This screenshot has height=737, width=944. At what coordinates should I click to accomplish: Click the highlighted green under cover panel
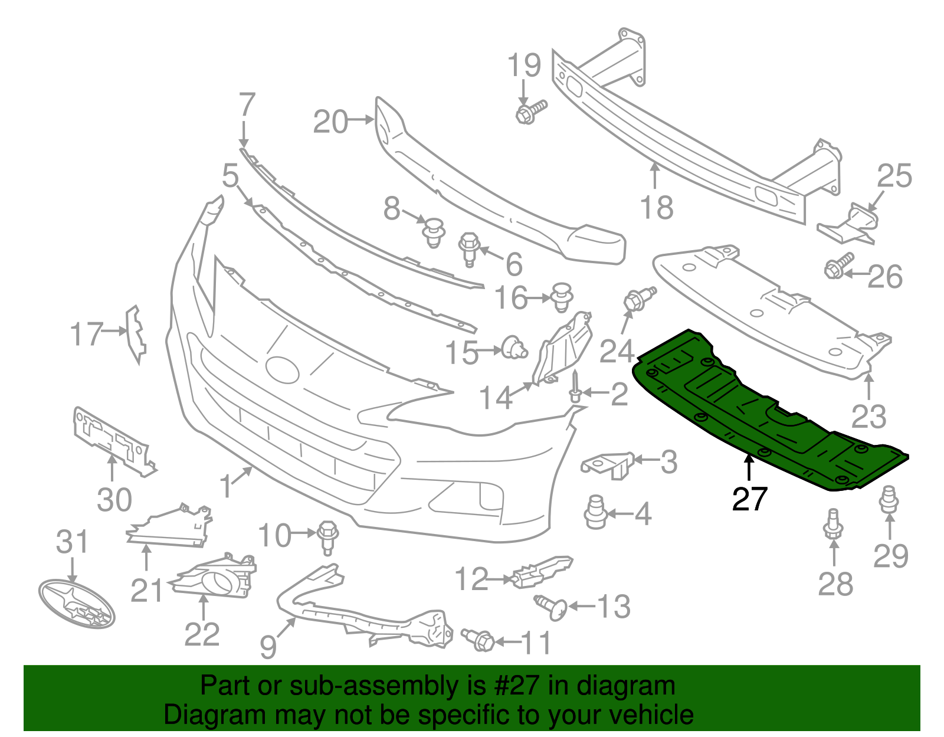(x=767, y=413)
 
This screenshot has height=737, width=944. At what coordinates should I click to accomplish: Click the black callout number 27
(x=749, y=499)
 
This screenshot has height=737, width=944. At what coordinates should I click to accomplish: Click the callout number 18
(x=656, y=208)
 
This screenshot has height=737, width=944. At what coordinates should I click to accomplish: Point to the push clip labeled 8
(x=434, y=232)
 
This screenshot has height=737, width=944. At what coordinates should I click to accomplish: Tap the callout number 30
(x=114, y=500)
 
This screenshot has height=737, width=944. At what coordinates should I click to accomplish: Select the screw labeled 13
(x=551, y=607)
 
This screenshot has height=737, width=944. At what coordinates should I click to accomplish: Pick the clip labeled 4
(x=595, y=512)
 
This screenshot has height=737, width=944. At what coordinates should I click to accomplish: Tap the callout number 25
(x=894, y=176)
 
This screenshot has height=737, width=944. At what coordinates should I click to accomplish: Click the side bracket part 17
(x=135, y=334)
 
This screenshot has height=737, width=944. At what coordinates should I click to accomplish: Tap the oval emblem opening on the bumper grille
(x=282, y=369)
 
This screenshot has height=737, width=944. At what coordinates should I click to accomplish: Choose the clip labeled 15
(x=513, y=348)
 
